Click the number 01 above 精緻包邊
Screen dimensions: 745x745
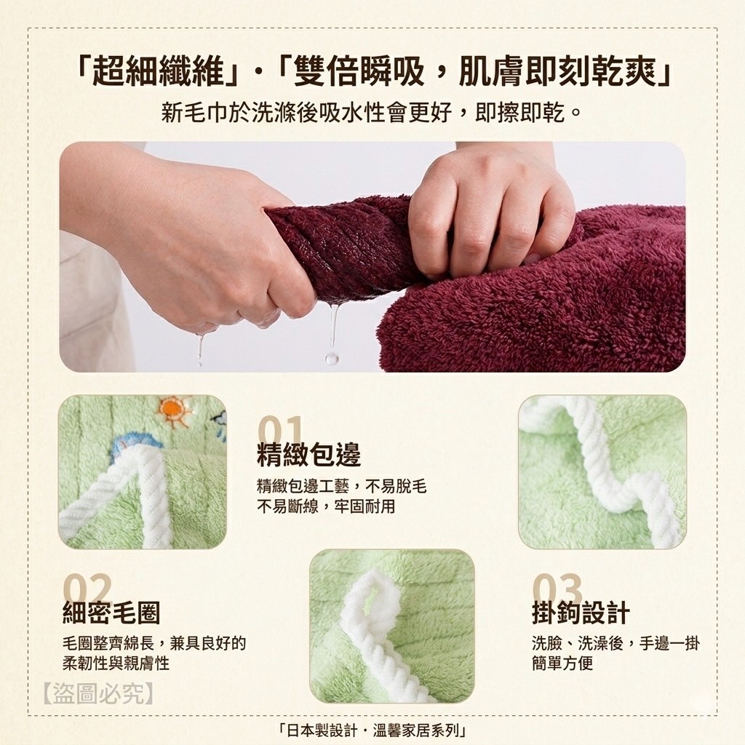[x=281, y=431]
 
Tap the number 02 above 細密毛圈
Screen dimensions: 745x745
[x=88, y=588]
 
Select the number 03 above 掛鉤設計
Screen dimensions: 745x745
[x=557, y=588]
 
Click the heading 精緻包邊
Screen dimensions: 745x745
[x=308, y=454]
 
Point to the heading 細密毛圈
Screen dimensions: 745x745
[x=111, y=613]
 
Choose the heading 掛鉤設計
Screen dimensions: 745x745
[x=581, y=613]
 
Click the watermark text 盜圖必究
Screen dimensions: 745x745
[x=98, y=694]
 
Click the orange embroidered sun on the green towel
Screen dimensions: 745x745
[x=172, y=409]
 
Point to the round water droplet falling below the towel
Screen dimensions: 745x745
[x=332, y=357]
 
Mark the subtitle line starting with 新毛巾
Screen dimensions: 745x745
[x=371, y=113]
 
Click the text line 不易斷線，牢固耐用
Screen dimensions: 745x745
[x=326, y=506]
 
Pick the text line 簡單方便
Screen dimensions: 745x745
[x=562, y=663]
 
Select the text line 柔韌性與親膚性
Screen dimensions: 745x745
[x=116, y=663]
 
